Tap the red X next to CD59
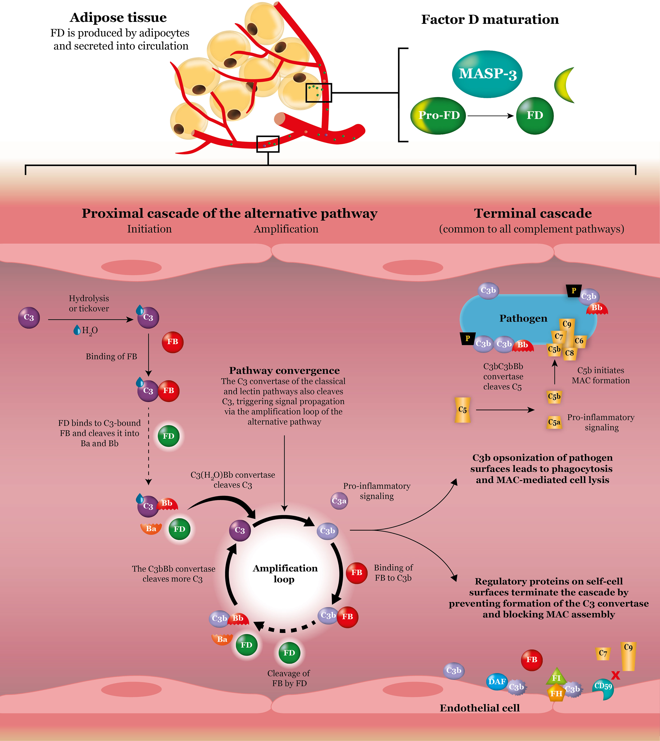click(x=615, y=675)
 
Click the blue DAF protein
click(x=497, y=681)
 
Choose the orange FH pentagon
click(x=556, y=693)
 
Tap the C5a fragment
click(x=554, y=422)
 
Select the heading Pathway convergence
click(x=284, y=370)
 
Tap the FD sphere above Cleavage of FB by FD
click(x=289, y=653)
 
